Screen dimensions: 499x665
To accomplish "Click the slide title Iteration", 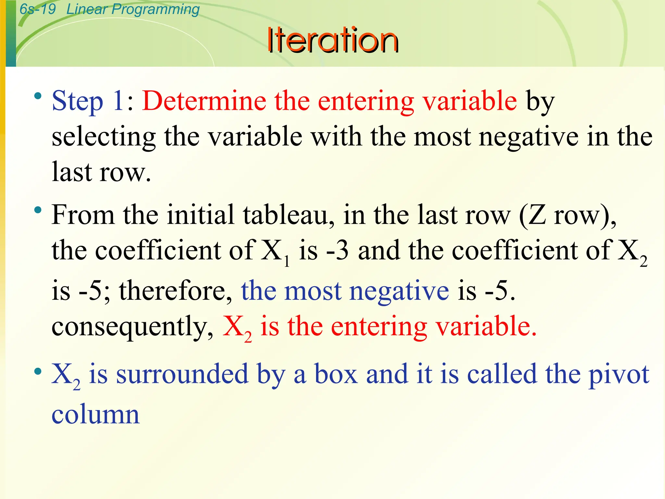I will (332, 40).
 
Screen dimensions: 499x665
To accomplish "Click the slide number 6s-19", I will (38, 9).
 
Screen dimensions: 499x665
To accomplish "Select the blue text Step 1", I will (87, 101).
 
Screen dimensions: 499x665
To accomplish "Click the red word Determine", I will (204, 101).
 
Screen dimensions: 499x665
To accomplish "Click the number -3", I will (337, 251).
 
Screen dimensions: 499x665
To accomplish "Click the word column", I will (95, 415).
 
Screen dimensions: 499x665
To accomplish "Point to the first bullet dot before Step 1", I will (38, 96).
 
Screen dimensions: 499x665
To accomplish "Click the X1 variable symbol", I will (275, 252).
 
